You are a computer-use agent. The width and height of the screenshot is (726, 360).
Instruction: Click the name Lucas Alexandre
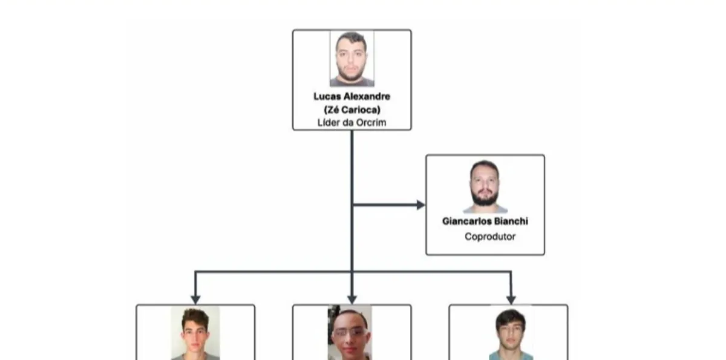point(352,96)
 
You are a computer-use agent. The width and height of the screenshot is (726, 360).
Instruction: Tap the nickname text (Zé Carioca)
point(352,110)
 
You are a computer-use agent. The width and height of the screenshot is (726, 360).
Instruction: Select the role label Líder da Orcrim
point(352,123)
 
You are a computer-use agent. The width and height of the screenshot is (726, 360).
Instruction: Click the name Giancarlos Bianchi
point(485,221)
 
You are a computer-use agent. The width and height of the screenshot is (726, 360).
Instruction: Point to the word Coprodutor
point(490,237)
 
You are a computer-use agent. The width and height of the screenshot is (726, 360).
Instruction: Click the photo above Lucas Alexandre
point(352,59)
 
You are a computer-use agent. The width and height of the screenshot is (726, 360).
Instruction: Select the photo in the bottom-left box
point(195,333)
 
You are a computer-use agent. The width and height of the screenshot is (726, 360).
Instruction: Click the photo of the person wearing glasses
point(350,333)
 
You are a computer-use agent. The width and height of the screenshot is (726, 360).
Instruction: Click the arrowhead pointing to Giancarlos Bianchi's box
point(420,205)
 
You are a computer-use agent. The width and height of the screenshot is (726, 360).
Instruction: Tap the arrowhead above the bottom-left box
point(195,299)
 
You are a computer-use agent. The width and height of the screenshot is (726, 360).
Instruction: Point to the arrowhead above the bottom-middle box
point(352,299)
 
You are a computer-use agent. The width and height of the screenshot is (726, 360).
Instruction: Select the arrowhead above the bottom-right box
point(511,299)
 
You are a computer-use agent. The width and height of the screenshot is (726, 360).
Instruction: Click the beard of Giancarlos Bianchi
point(485,197)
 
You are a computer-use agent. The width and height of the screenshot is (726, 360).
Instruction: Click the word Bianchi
point(511,221)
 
